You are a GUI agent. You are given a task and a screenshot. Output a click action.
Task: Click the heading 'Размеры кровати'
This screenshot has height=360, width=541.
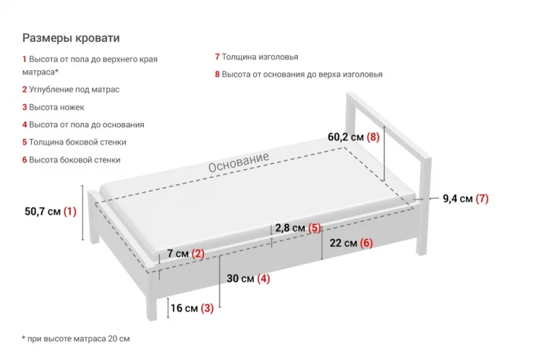[71, 38]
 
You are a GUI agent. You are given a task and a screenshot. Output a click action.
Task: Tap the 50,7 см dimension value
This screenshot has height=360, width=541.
[42, 212]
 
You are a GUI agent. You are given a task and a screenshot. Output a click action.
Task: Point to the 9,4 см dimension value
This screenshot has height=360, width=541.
[458, 199]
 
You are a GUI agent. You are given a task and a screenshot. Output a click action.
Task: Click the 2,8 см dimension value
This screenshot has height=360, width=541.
[290, 228]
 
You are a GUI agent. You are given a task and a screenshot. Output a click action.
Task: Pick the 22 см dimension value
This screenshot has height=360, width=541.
[343, 243]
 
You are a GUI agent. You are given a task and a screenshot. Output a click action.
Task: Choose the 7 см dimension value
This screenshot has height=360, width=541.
[177, 254]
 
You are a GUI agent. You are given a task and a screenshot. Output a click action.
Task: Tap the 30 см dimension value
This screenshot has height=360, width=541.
[240, 279]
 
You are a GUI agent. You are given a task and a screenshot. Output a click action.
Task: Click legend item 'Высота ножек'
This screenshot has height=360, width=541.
[56, 107]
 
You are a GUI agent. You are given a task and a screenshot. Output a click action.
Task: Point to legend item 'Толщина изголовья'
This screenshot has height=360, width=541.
[260, 56]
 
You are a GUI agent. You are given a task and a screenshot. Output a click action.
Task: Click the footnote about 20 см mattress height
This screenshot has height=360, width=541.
[76, 338]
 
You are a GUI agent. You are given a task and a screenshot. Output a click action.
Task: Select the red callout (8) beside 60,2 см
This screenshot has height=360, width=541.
[373, 137]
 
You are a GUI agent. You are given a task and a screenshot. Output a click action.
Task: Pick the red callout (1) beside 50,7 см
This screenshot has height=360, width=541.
[69, 212]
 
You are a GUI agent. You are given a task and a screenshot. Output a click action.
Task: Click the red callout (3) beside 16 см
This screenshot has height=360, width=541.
[208, 308]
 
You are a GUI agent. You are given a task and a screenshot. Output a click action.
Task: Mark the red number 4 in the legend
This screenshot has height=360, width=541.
[25, 124]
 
